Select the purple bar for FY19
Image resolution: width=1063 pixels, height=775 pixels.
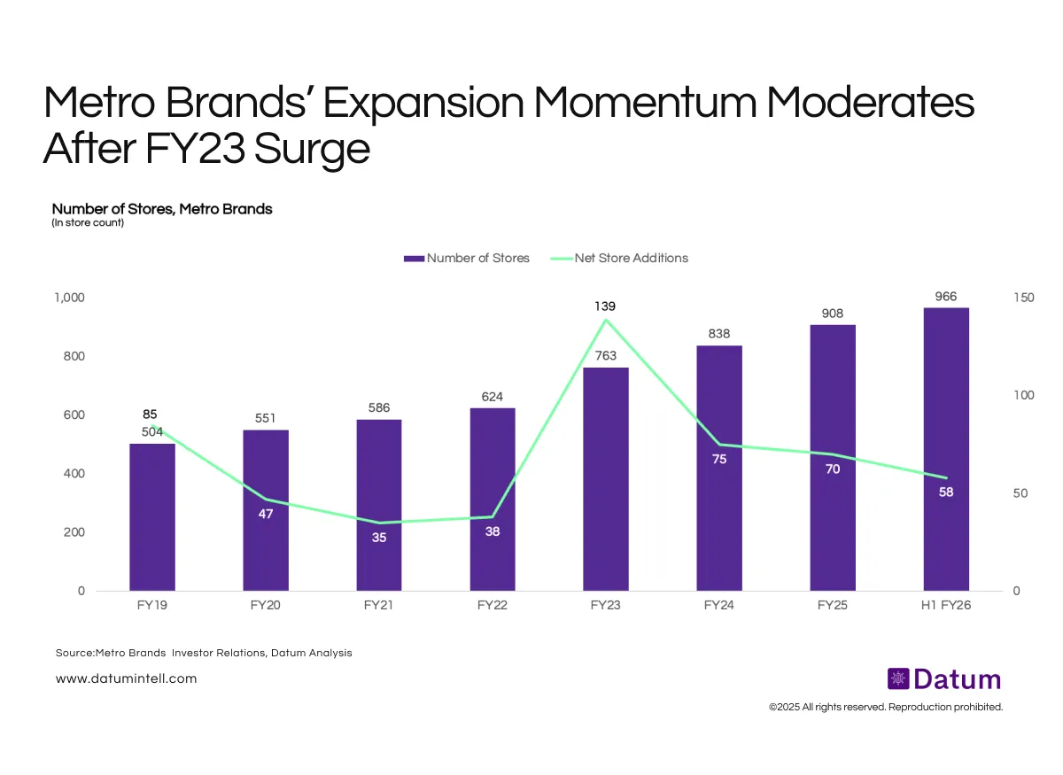point(152,517)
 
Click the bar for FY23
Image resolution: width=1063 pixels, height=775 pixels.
point(606,478)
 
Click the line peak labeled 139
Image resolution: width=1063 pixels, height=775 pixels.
point(606,319)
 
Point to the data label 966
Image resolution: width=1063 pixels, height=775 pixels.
point(946,297)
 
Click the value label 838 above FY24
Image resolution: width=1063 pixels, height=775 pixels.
point(719,334)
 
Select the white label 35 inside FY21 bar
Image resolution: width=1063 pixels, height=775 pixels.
point(379,537)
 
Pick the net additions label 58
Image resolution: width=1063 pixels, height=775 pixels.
point(946,492)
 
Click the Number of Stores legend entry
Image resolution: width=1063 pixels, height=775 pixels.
point(467,258)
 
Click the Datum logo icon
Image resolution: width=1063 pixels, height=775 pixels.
point(898,679)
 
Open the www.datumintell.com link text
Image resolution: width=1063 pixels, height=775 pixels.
point(126,678)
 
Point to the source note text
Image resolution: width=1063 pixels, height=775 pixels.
point(204,653)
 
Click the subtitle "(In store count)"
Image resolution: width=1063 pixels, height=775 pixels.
point(88,223)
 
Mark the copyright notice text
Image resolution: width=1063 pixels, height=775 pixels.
point(886,707)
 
